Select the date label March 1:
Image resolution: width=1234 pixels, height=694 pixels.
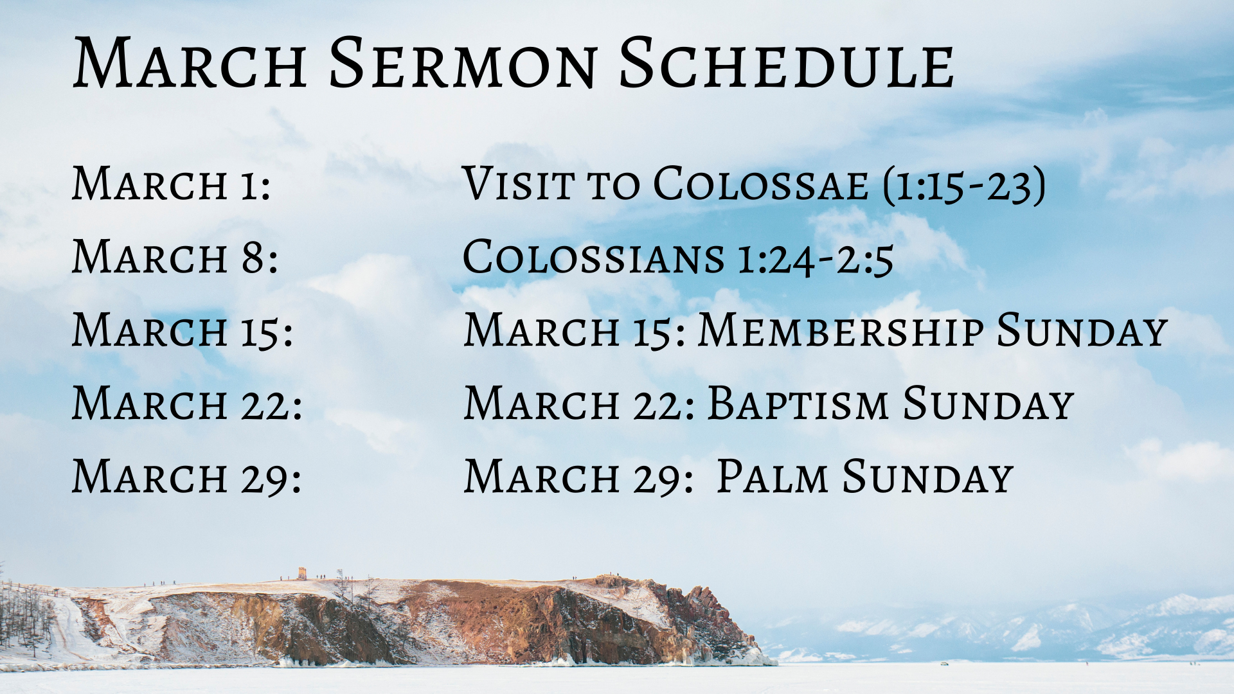[172, 184]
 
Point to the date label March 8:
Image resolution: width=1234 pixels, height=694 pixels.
[175, 257]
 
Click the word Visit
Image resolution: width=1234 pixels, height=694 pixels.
[518, 184]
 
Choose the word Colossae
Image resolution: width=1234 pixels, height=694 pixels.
[761, 184]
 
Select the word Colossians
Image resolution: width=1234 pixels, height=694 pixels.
[594, 257]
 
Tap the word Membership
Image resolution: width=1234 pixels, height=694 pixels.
[841, 330]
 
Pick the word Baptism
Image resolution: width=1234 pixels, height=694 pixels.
[798, 404]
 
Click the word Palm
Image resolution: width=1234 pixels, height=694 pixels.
[773, 477]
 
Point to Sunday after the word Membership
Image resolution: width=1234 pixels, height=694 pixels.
[1082, 330]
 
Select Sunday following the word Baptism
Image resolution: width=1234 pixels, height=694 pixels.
[988, 404]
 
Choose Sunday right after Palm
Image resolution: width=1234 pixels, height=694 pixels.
[928, 477]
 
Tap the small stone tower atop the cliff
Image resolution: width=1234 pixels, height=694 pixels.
[301, 573]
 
